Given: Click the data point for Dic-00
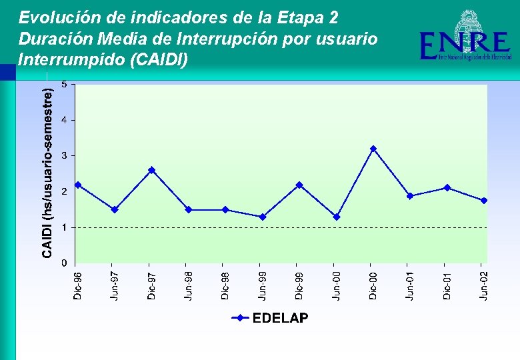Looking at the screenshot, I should point(373,149).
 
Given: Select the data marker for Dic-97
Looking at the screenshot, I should point(151,170).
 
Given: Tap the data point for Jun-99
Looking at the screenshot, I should point(263,217).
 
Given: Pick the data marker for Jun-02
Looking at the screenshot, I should point(484,200).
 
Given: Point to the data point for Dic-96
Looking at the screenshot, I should point(78,185).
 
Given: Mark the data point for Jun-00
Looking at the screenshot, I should point(337,217).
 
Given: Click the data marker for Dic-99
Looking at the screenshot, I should point(299,185).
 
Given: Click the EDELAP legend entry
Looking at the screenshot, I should point(270,318).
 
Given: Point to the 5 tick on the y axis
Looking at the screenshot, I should point(64,84).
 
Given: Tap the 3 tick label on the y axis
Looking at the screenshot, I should point(64,155).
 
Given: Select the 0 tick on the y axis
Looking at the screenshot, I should point(64,263).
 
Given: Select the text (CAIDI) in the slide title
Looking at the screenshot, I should point(160,60).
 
